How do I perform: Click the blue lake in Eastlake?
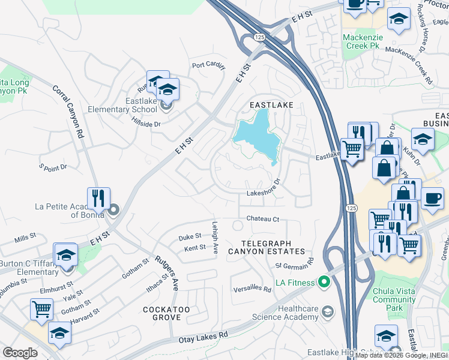click(255, 136)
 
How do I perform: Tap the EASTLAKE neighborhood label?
click(271, 105)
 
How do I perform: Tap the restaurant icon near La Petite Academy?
click(98, 198)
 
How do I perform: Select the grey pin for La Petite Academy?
click(113, 211)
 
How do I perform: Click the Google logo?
click(19, 353)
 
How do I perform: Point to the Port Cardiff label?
click(208, 65)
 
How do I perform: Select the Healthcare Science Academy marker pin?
click(327, 311)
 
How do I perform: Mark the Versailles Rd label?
click(253, 289)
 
